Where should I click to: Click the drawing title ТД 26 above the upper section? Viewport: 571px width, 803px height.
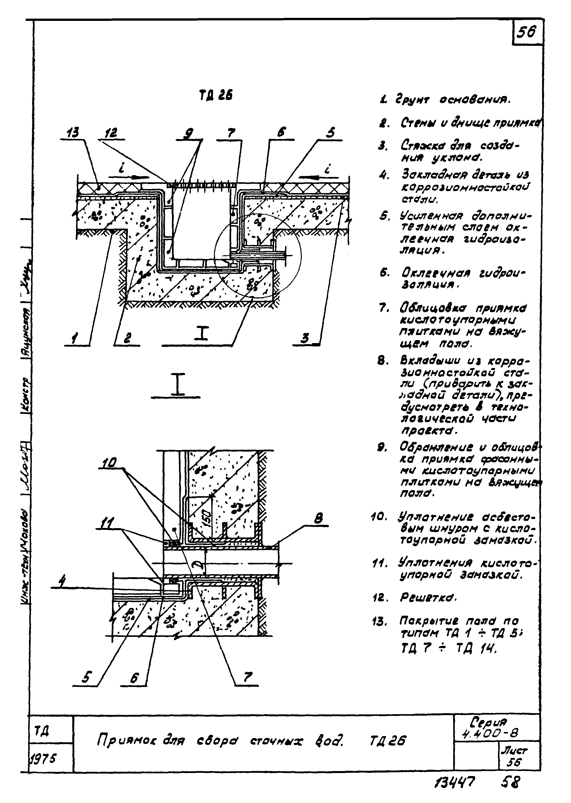point(216,95)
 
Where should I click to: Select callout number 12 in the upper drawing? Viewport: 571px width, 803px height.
point(112,133)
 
